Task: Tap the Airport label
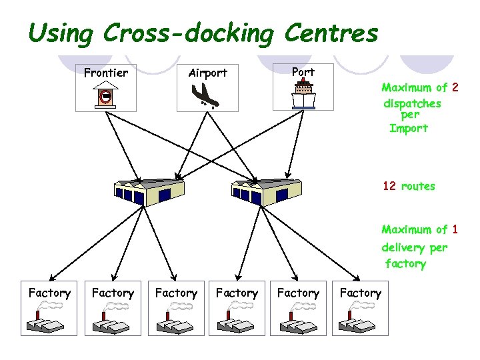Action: tap(207, 73)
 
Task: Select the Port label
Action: tap(303, 71)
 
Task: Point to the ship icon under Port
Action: tap(303, 95)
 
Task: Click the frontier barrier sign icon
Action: tap(105, 97)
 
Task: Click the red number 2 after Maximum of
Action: tap(455, 87)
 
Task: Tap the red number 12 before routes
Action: tap(389, 187)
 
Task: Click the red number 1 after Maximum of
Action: tap(455, 230)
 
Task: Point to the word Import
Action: tap(408, 129)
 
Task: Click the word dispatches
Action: tap(412, 104)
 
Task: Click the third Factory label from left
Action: tap(176, 293)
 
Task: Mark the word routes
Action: tap(418, 187)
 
